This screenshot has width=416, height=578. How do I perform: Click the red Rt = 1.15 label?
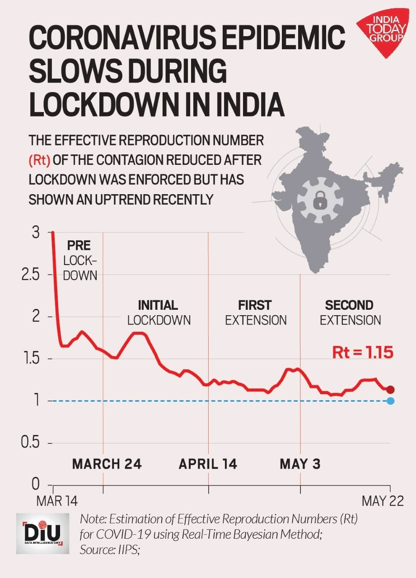click(x=362, y=352)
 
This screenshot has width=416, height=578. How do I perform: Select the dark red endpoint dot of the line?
click(x=391, y=390)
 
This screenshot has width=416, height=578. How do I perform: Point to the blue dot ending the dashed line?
click(x=391, y=401)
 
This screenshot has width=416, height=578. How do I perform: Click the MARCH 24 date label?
click(x=107, y=464)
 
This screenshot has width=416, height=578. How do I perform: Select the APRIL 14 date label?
click(x=208, y=464)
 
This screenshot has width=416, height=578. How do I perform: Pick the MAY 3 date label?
click(x=300, y=464)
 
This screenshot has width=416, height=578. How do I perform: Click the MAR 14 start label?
click(x=57, y=501)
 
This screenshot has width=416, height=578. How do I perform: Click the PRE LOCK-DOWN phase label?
click(x=80, y=260)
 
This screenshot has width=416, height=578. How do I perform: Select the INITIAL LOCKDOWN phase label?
click(x=159, y=312)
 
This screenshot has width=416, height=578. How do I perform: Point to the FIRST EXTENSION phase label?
click(x=256, y=312)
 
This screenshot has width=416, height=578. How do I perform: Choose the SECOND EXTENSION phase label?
click(x=350, y=312)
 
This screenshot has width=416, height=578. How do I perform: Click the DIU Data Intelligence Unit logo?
click(x=43, y=533)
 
